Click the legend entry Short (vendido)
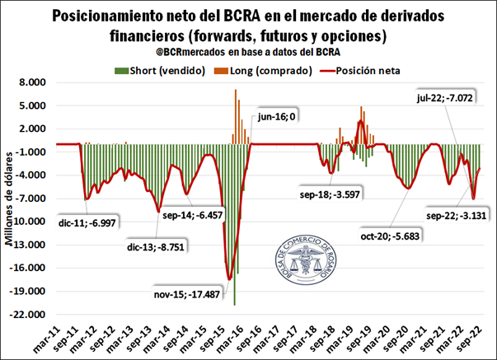(167, 70)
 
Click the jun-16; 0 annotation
(275, 118)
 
